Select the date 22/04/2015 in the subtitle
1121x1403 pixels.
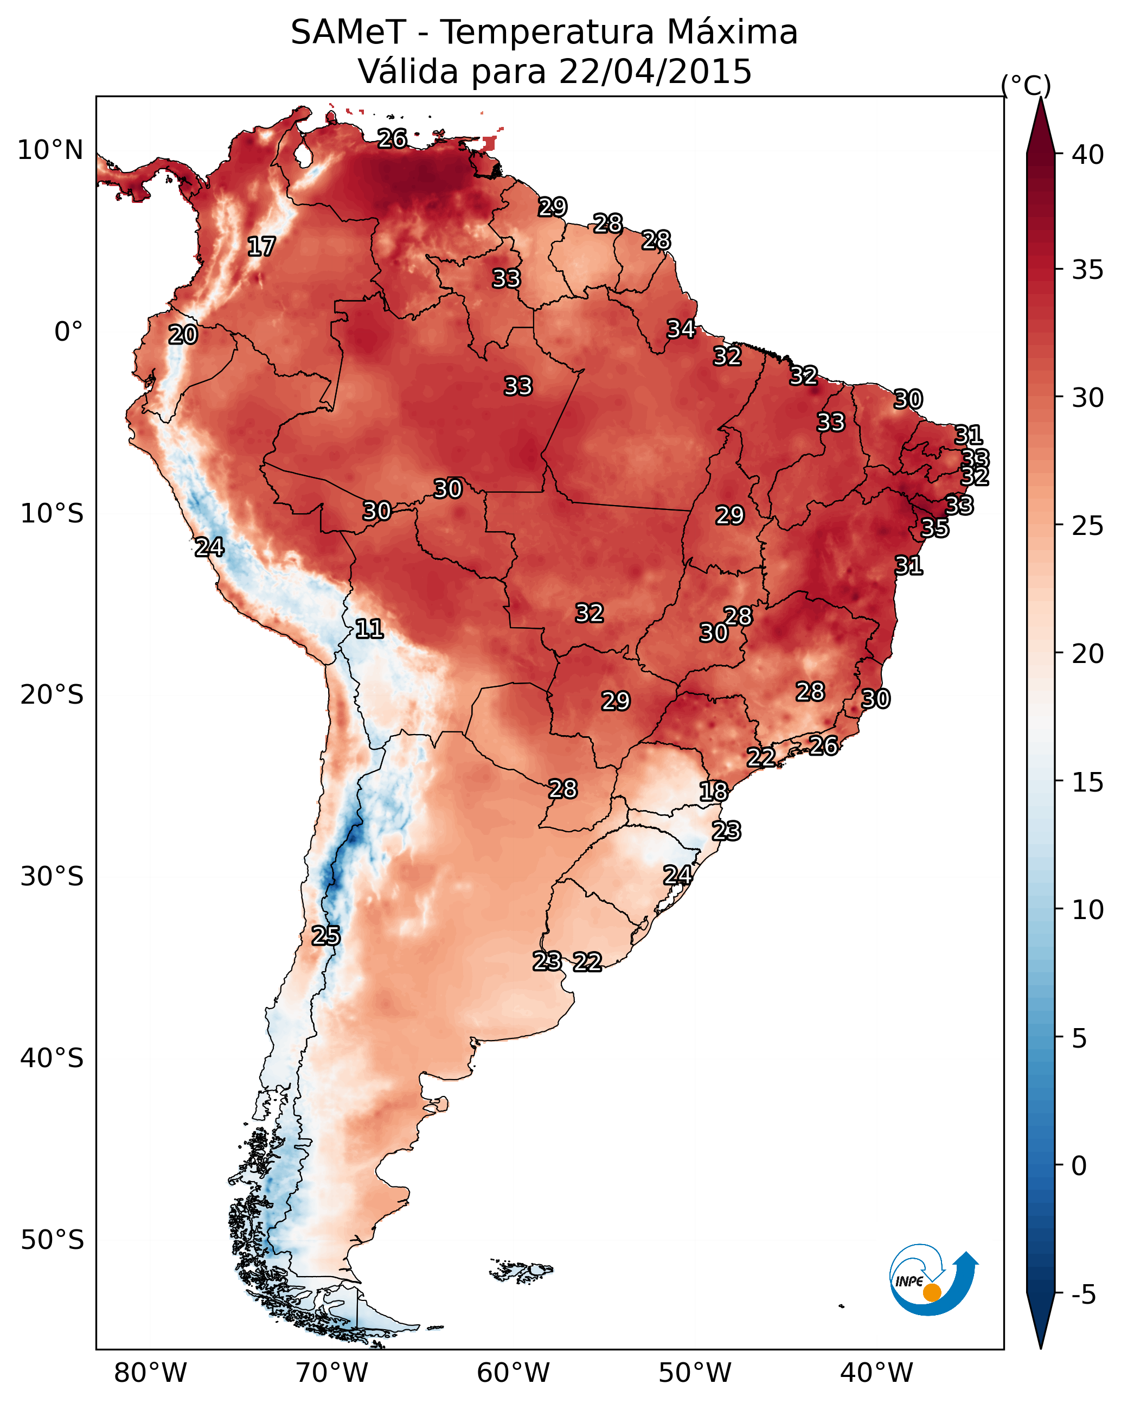(x=655, y=72)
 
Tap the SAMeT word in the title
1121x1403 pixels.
(x=349, y=33)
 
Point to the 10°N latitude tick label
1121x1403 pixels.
(x=50, y=150)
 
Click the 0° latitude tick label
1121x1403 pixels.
(x=69, y=332)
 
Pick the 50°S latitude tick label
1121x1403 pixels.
(x=52, y=1240)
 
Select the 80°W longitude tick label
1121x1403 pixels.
(x=150, y=1373)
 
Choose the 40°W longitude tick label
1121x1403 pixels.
(x=877, y=1373)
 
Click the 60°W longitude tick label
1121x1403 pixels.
(x=514, y=1373)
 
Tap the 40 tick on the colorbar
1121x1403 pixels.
(x=1088, y=155)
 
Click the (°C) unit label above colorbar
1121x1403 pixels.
(x=1026, y=85)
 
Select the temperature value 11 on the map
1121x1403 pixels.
(x=369, y=629)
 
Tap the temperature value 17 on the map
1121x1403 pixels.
(x=261, y=247)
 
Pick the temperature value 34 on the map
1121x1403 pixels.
(x=681, y=329)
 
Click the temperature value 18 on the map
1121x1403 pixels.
(x=714, y=792)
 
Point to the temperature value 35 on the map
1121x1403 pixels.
(x=935, y=528)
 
